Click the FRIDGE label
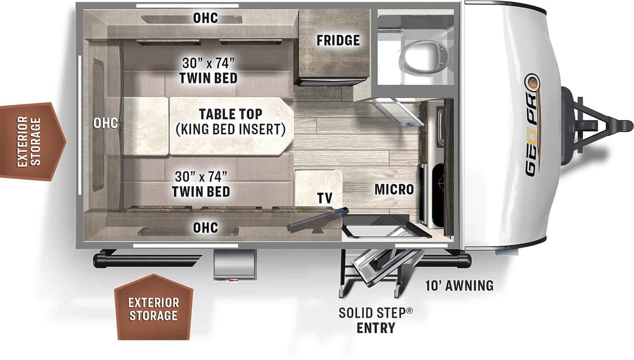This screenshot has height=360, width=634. point(338,40)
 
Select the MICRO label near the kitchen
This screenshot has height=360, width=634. point(394,189)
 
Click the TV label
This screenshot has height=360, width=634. point(324,198)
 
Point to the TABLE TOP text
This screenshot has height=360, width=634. point(230,114)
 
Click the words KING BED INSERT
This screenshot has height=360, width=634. point(230,128)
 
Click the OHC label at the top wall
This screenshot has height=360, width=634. point(205,18)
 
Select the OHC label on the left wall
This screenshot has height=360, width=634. point(105,123)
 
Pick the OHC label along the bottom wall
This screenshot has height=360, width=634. point(205,228)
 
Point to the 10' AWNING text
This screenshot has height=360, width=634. point(459,286)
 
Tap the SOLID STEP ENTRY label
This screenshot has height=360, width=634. point(376,320)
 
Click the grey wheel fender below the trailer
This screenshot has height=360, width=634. point(236,265)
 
